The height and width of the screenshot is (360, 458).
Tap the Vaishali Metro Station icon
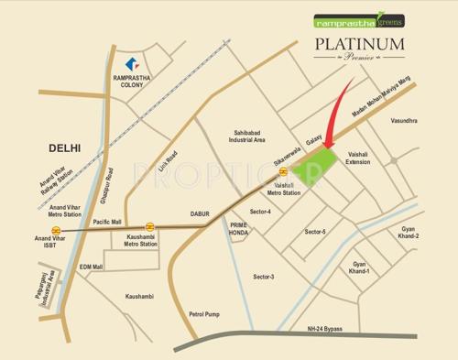click(285, 172)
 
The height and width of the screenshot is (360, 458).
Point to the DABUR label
click(200, 213)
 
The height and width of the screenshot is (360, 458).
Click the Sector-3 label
click(264, 276)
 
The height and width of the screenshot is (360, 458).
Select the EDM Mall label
click(91, 267)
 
